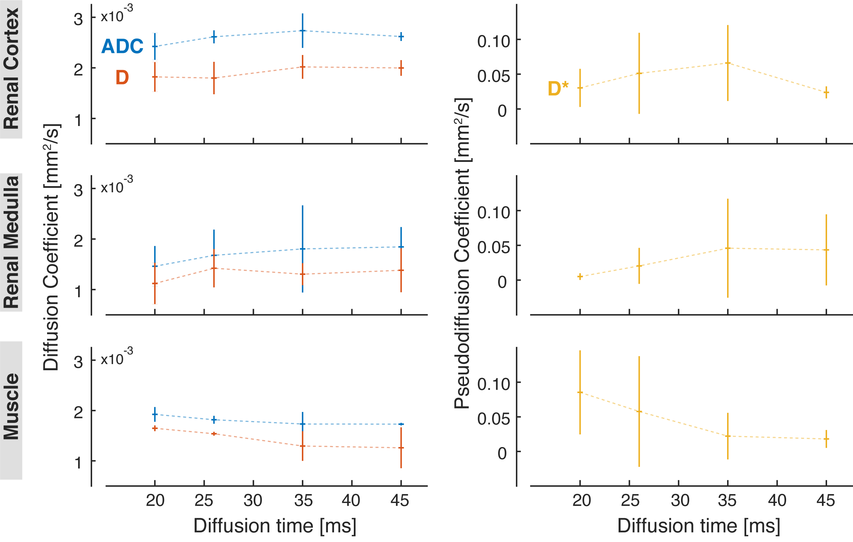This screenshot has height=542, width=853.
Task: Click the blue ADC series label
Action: (x=122, y=46)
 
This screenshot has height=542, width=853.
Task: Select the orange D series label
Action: (x=122, y=77)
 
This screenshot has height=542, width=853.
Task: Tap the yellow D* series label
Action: (x=558, y=88)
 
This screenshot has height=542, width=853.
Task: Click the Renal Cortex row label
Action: (x=11, y=69)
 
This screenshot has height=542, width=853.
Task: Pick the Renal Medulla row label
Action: (x=11, y=242)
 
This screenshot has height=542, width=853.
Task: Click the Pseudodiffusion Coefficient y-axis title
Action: (x=462, y=253)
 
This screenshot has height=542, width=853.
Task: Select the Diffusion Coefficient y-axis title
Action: (x=51, y=247)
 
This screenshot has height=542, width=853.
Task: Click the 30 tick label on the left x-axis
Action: (x=253, y=500)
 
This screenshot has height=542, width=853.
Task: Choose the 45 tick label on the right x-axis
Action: (x=826, y=500)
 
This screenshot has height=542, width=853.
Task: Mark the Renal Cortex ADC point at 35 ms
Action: (x=303, y=31)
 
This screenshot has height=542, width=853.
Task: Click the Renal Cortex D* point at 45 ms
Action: (x=826, y=93)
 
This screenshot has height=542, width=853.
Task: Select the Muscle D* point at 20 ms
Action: (x=580, y=392)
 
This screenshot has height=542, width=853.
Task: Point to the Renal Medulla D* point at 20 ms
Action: (x=580, y=276)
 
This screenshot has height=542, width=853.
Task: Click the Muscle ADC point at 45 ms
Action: (x=401, y=424)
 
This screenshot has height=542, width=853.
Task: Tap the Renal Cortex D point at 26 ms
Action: (x=214, y=78)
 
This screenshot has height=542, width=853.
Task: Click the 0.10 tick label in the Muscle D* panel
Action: (x=493, y=384)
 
